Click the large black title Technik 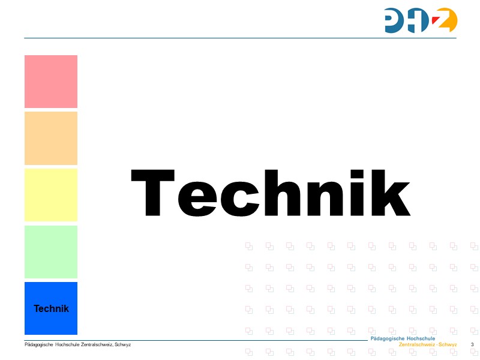(271, 193)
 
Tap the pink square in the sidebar (51, 82)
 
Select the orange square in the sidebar (51, 138)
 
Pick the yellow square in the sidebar (51, 195)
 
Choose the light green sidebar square (51, 251)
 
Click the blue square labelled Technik (51, 308)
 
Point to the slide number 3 (472, 344)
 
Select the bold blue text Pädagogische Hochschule (403, 339)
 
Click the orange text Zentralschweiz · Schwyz (428, 345)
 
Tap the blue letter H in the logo (422, 20)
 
